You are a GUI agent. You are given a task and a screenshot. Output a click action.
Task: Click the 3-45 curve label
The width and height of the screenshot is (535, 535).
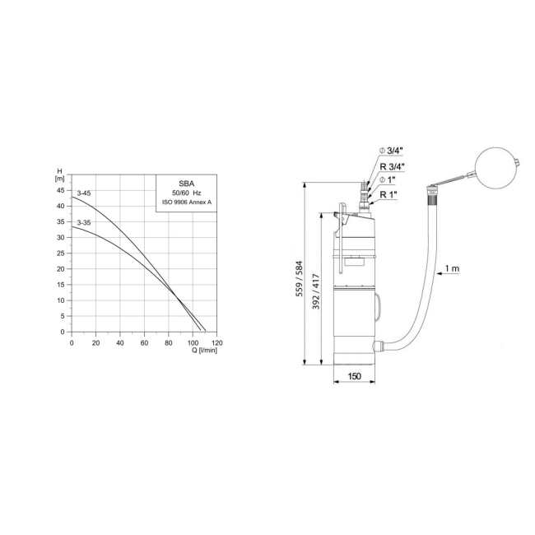tap(84, 193)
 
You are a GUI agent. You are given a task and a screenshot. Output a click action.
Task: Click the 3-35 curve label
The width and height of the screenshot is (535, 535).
tap(84, 222)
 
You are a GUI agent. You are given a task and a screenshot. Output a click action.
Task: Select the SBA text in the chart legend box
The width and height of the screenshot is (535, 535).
tap(186, 183)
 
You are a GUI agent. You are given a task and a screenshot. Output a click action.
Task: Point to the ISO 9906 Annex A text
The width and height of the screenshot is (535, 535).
tap(186, 201)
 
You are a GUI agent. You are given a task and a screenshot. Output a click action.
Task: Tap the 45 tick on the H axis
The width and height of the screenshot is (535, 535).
tap(59, 190)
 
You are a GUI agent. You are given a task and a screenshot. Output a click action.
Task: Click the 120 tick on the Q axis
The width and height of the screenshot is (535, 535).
tap(217, 342)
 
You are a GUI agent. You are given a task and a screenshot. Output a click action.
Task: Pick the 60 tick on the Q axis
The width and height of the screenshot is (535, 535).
tap(144, 342)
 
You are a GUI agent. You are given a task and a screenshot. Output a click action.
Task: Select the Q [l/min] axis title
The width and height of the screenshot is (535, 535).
tap(204, 350)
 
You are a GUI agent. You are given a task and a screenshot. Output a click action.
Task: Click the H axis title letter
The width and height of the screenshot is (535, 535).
tap(59, 170)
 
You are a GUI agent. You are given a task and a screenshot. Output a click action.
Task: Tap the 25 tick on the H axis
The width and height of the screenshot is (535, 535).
tap(59, 254)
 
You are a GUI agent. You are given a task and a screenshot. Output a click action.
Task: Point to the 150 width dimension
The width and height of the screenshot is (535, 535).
tap(354, 375)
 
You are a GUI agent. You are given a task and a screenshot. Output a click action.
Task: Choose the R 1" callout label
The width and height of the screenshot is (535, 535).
tap(388, 194)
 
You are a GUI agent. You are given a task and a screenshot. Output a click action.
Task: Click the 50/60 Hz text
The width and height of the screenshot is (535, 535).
tap(186, 192)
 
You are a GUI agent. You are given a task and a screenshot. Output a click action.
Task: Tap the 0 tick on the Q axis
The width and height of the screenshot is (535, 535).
tap(72, 342)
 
